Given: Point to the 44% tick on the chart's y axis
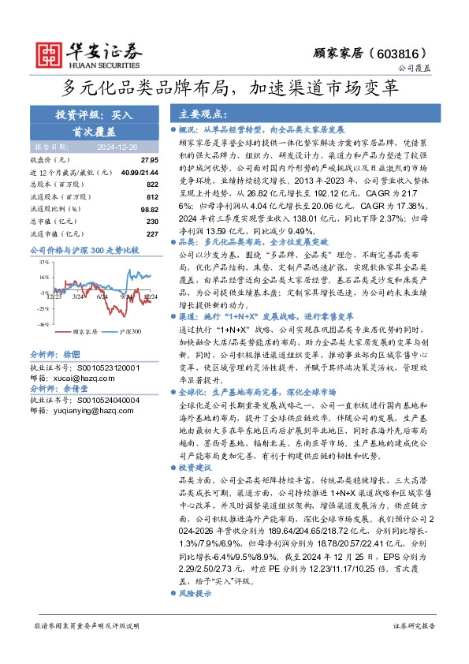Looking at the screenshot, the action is click(x=43, y=263).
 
